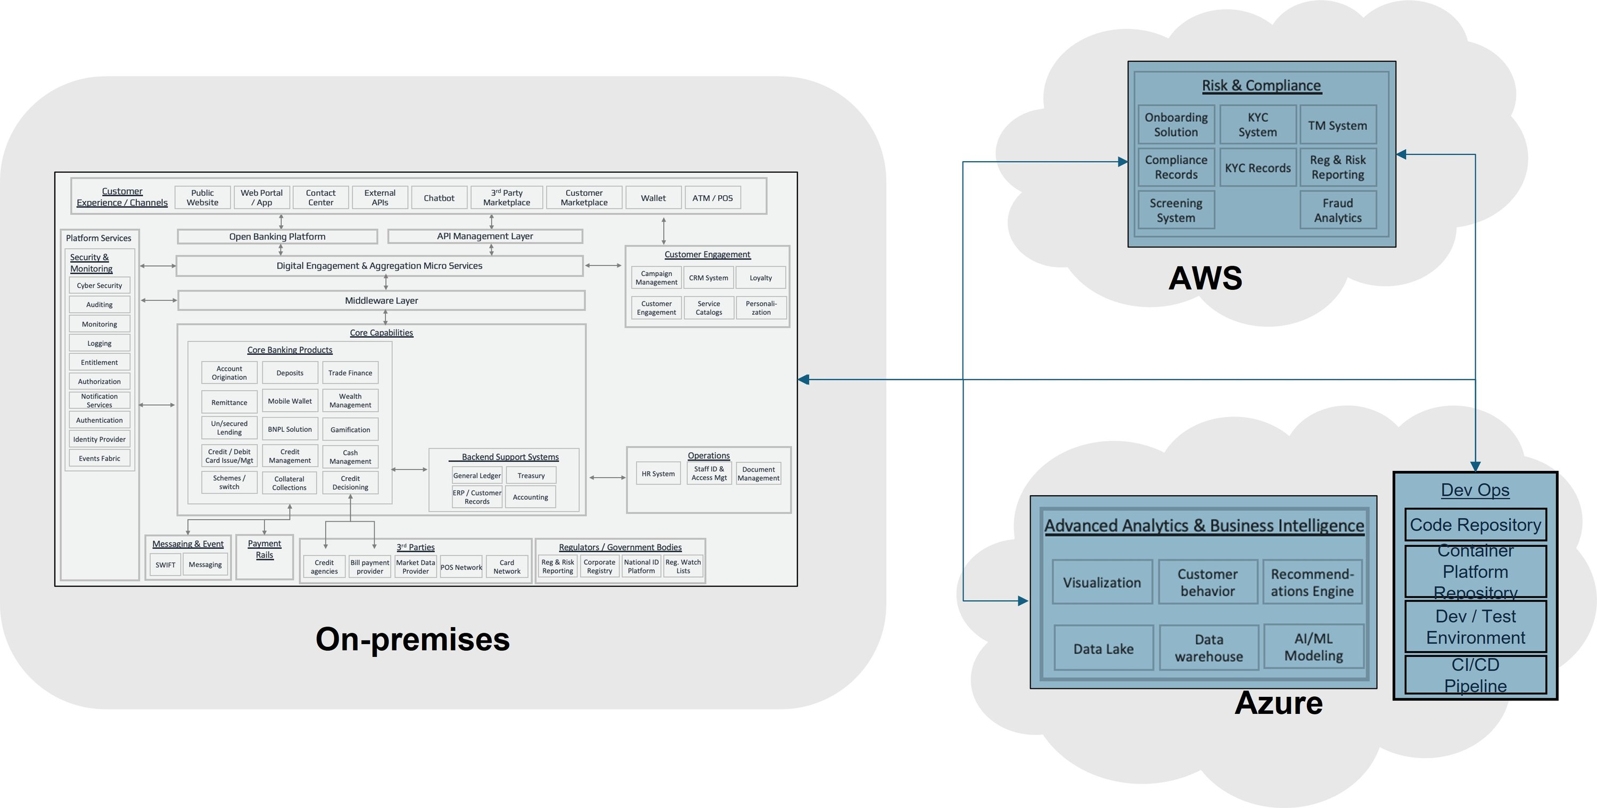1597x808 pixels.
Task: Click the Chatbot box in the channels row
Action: (x=439, y=198)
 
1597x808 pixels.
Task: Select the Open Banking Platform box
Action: (x=277, y=237)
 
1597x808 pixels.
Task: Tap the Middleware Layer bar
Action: (x=381, y=301)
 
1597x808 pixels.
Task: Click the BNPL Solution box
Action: (x=290, y=429)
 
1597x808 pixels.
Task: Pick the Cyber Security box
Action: (x=99, y=286)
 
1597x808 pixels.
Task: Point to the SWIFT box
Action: (x=165, y=564)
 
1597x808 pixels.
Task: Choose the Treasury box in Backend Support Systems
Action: (x=531, y=475)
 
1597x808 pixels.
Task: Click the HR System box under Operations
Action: (x=658, y=473)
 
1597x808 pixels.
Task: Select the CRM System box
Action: (x=708, y=278)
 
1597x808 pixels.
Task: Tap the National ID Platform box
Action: (x=641, y=567)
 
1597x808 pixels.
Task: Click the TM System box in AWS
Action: (x=1337, y=125)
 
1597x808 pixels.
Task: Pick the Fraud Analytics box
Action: (x=1337, y=211)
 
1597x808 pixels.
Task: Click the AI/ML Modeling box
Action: (x=1313, y=647)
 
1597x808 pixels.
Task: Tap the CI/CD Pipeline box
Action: (x=1475, y=676)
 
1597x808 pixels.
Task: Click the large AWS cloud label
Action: (x=1205, y=278)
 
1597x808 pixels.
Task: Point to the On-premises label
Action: (x=412, y=639)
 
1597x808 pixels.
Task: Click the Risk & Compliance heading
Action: (x=1261, y=86)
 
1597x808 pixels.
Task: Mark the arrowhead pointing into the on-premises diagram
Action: (x=803, y=379)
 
